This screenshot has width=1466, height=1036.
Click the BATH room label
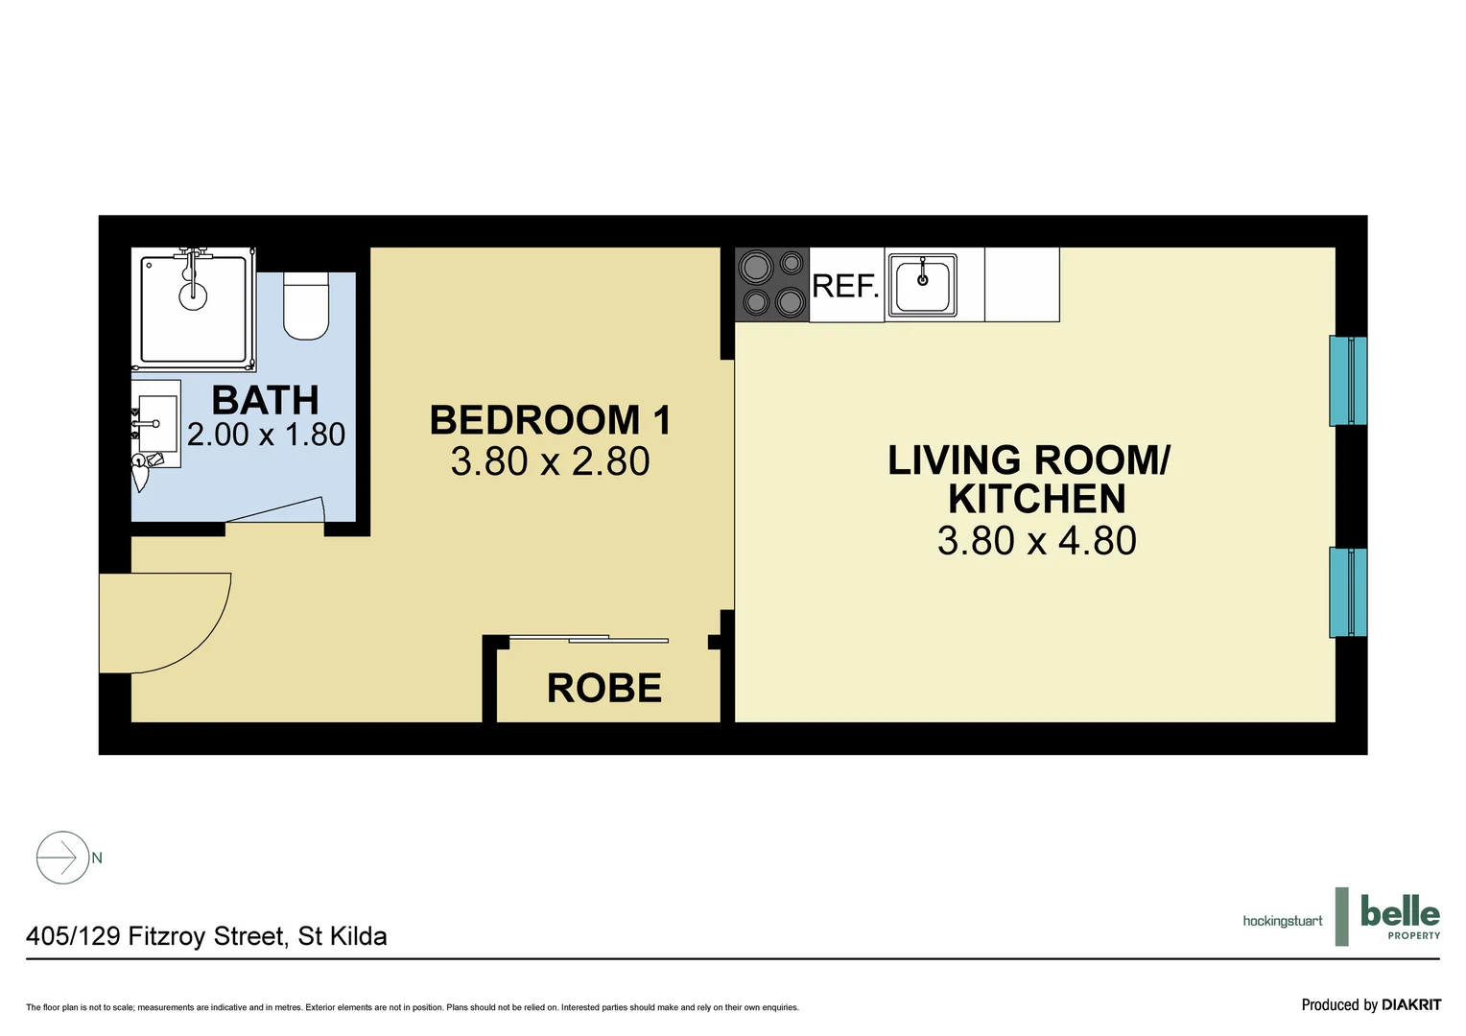click(265, 400)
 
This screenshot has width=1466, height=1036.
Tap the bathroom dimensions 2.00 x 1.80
click(266, 435)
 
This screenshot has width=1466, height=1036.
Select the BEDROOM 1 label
click(550, 420)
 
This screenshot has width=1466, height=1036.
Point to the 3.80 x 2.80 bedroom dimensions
click(550, 461)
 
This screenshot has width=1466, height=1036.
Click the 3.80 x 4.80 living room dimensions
click(1036, 541)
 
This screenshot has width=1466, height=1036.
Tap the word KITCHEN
click(1036, 500)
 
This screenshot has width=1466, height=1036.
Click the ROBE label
click(603, 688)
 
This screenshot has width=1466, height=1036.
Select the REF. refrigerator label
click(845, 286)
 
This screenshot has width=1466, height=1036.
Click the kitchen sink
click(922, 285)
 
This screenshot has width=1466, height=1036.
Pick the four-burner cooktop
click(772, 284)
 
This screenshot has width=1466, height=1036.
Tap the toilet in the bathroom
click(306, 305)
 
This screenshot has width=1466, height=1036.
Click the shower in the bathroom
click(194, 309)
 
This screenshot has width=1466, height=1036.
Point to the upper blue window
click(1347, 381)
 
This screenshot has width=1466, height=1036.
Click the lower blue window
click(1347, 592)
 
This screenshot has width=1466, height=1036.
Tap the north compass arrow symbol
click(63, 857)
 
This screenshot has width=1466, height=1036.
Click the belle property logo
click(1399, 916)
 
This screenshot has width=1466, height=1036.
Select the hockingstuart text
click(1282, 921)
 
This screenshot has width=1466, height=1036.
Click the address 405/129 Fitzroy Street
click(206, 936)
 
